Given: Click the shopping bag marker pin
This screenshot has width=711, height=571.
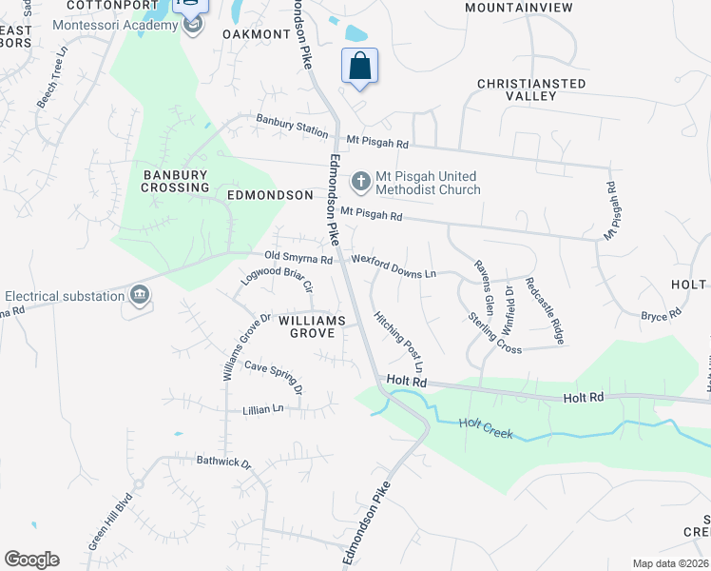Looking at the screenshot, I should click(x=359, y=67).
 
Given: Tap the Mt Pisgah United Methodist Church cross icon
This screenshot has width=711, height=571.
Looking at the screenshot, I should click(x=361, y=180).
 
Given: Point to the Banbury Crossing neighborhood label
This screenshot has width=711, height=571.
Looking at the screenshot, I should click(x=176, y=181).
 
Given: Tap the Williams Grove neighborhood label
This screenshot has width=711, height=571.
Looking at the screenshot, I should click(x=306, y=326).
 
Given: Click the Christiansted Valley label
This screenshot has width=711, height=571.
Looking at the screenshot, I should click(x=531, y=89).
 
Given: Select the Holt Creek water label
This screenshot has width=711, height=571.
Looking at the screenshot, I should click(x=486, y=429).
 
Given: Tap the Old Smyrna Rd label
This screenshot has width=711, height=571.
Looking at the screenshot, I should click(x=298, y=258).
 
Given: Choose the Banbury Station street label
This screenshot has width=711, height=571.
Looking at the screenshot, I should click(x=292, y=126).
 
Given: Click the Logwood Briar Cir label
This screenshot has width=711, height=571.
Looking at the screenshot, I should click(x=278, y=279).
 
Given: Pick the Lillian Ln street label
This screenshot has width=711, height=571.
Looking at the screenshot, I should click(x=264, y=408).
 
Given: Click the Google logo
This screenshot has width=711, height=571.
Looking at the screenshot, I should click(x=32, y=560).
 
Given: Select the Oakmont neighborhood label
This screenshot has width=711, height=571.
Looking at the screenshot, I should click(x=256, y=34).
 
